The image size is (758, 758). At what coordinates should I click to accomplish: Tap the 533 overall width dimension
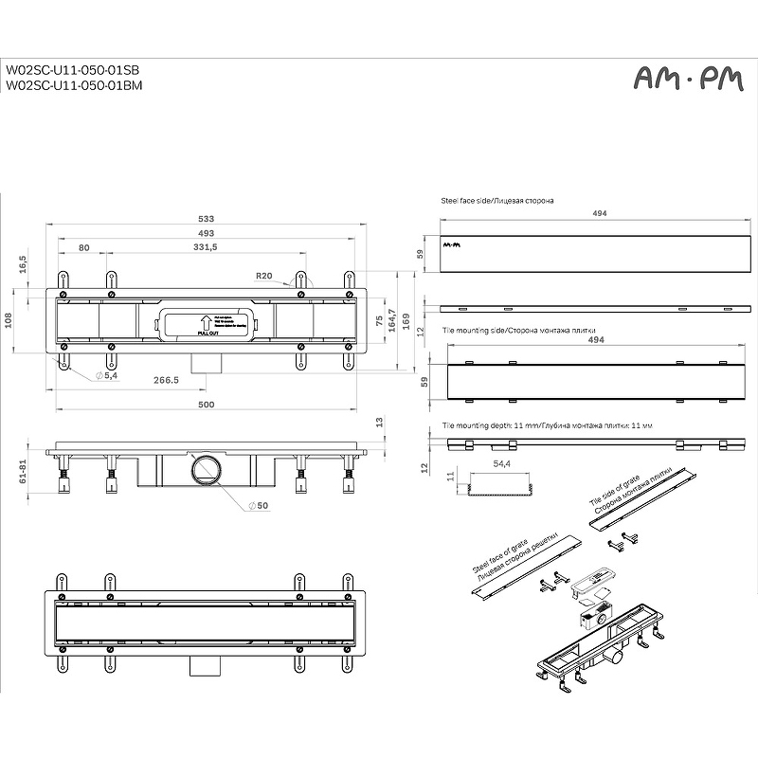pyautogui.click(x=206, y=219)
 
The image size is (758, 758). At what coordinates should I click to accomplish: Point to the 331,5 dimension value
pyautogui.click(x=205, y=247)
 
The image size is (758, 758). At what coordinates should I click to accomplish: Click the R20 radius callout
pyautogui.click(x=264, y=276)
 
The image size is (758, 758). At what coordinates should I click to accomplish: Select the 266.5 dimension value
pyautogui.click(x=167, y=379)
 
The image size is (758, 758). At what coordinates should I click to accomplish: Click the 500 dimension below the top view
pyautogui.click(x=207, y=405)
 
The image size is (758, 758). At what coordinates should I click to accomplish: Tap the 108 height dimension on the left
pyautogui.click(x=10, y=320)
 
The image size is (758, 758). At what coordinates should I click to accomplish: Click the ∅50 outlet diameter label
pyautogui.click(x=259, y=505)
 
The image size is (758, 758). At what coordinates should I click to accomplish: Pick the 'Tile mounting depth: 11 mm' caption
pyautogui.click(x=548, y=425)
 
